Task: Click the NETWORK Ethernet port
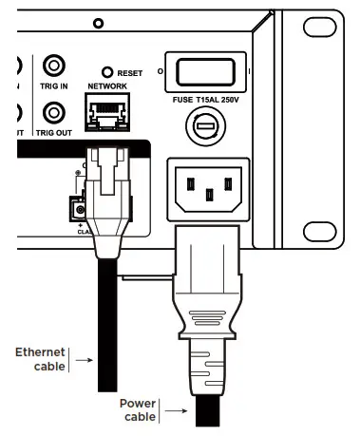click(106, 115)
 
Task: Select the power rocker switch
click(206, 69)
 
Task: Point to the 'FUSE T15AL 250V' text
click(206, 99)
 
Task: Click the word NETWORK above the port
click(107, 85)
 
